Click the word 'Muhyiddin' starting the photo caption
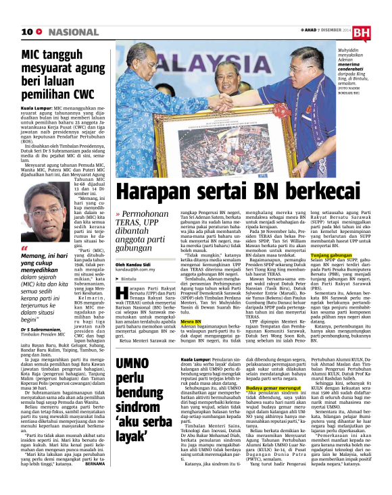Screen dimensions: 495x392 pyautogui.click(x=353, y=49)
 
